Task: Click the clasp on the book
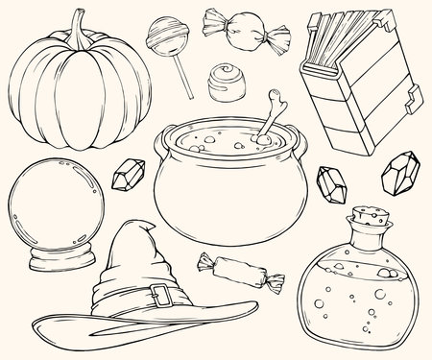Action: (413, 96)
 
